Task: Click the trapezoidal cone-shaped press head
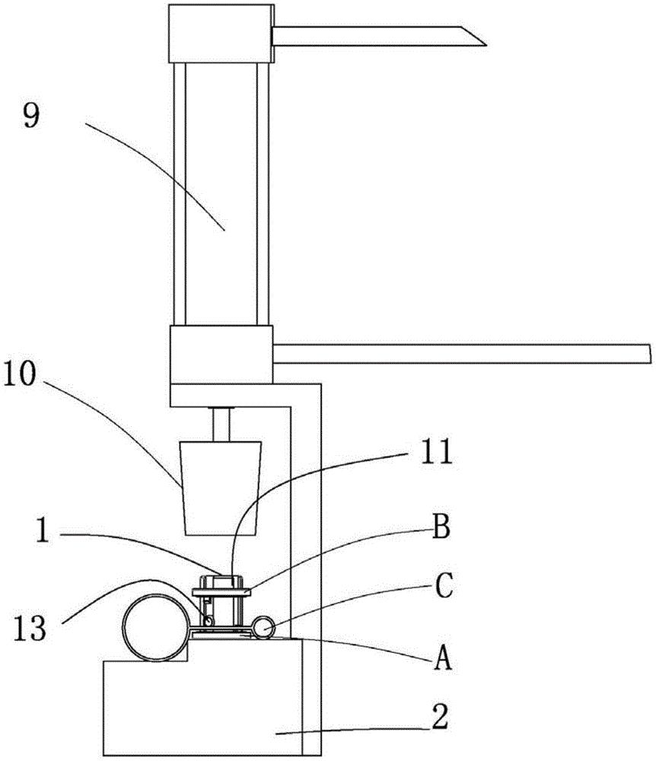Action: click(221, 486)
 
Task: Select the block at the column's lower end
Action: click(221, 355)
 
